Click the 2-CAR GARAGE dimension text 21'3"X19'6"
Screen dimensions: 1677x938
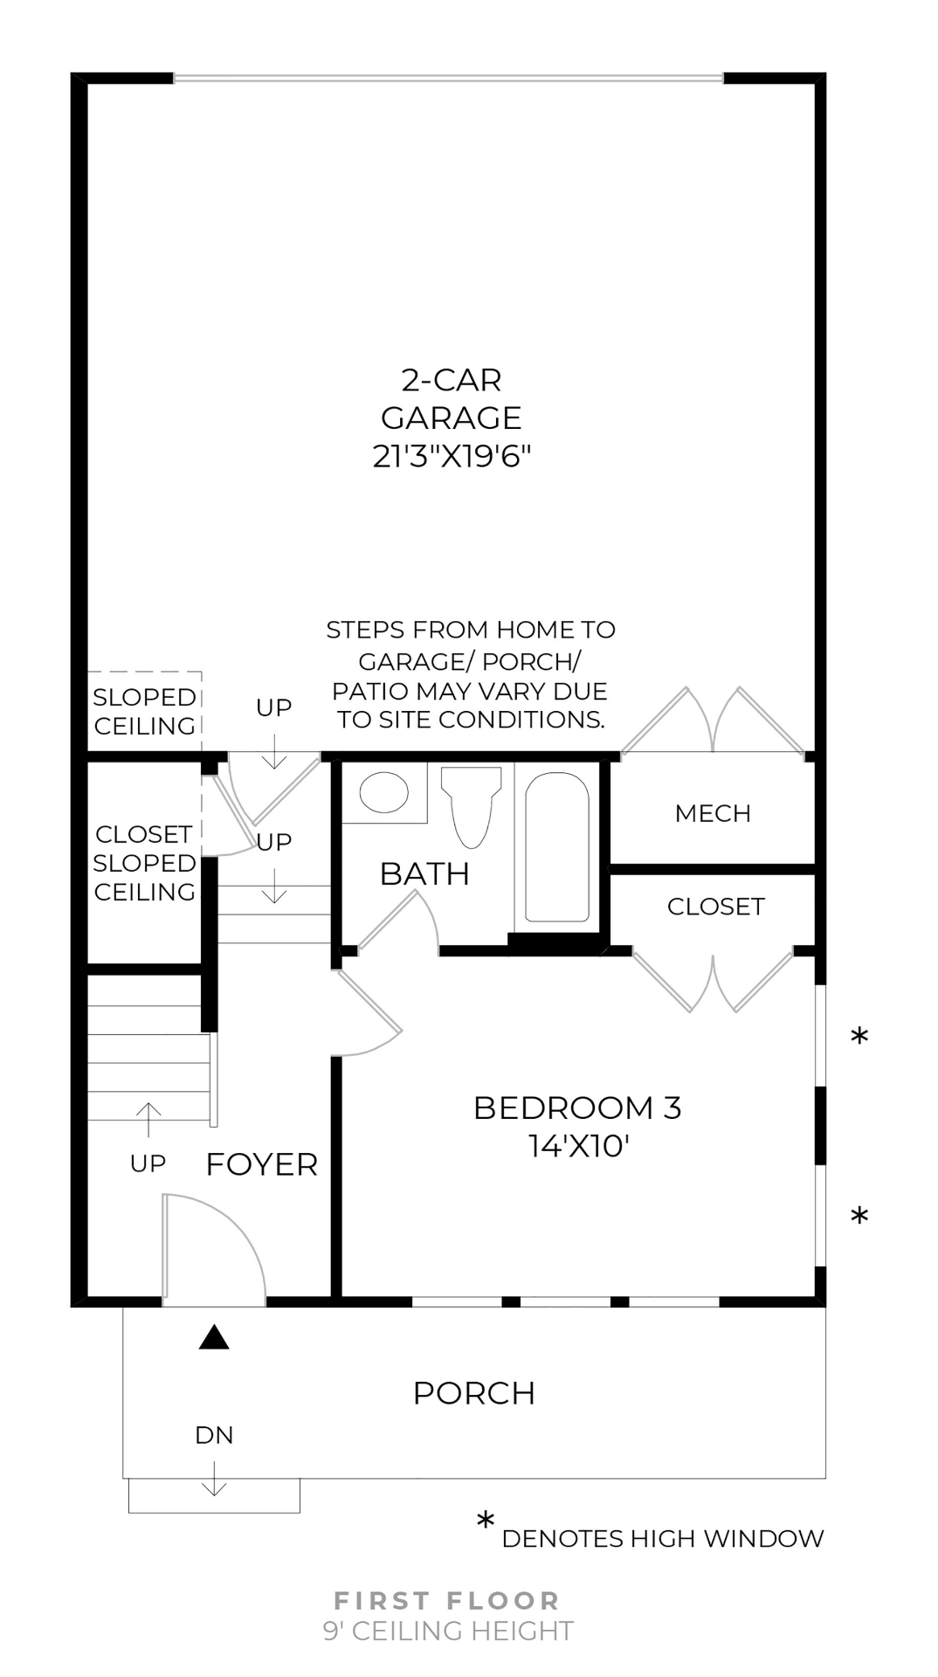coord(452,456)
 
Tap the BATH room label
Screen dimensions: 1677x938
coord(424,873)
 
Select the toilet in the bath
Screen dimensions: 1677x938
coord(472,805)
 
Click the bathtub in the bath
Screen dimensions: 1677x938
coord(556,847)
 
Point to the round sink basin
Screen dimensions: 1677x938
coord(384,793)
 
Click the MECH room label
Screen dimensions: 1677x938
coord(713,813)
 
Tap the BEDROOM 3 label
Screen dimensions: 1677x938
coord(576,1108)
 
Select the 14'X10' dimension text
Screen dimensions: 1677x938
coord(578,1146)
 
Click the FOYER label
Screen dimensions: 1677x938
coord(261,1164)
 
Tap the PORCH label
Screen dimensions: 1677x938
coord(473,1393)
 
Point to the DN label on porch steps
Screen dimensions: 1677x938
coord(214,1435)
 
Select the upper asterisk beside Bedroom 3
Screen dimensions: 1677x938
coord(859,1038)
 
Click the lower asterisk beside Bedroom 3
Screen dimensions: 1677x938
coord(859,1217)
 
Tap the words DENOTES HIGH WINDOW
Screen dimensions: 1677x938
coord(662,1539)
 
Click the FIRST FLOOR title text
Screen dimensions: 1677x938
coord(447,1601)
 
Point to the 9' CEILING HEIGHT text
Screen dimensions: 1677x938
coord(447,1631)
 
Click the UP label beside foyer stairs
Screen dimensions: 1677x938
coord(148,1163)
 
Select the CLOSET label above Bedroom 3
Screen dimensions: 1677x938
coord(715,907)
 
